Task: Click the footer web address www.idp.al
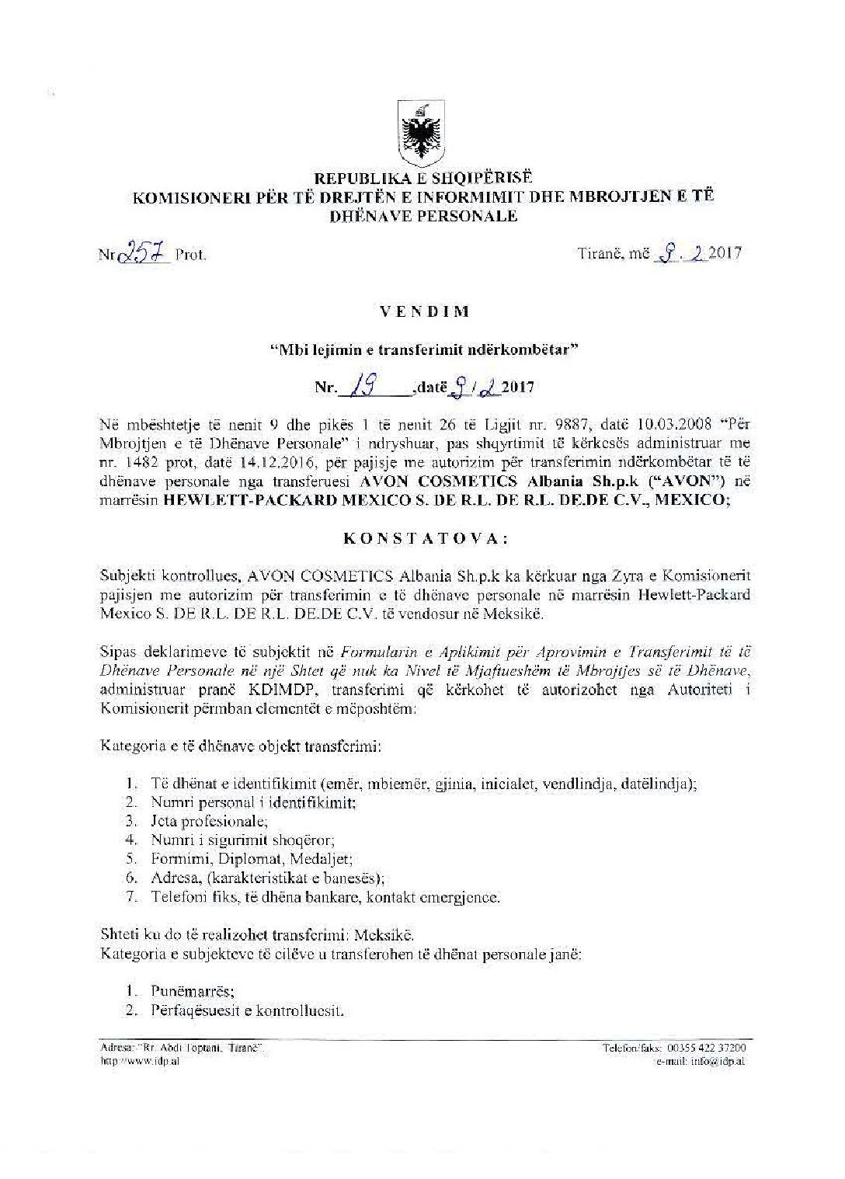click(x=146, y=1062)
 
